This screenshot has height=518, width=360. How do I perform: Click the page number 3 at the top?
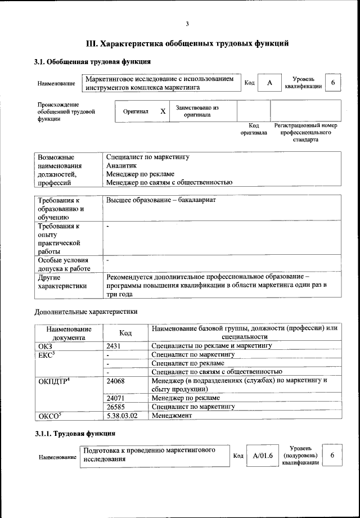[187, 24]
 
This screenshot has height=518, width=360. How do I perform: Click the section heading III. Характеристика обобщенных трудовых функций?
[187, 43]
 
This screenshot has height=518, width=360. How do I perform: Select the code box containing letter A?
[270, 83]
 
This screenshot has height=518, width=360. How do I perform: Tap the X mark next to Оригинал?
[163, 111]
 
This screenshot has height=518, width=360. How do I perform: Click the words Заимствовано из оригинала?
[197, 111]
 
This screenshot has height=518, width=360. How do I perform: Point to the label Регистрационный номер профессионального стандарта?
[305, 132]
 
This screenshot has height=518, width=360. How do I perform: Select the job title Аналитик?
[121, 166]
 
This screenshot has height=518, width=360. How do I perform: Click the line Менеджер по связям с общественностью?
[169, 182]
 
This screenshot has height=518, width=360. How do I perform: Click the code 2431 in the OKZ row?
[114, 346]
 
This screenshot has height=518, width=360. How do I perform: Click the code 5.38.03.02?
[122, 415]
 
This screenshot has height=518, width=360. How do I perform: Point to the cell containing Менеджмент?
[172, 415]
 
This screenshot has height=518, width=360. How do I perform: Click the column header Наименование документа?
[68, 333]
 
